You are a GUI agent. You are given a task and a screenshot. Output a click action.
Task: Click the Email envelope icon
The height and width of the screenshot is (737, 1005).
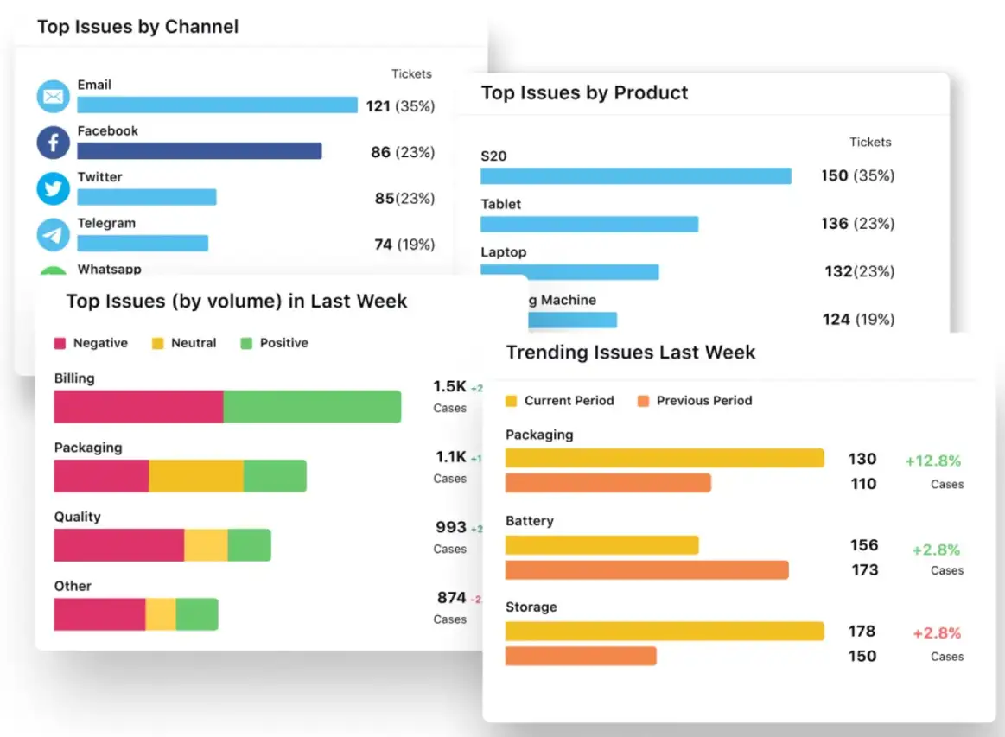pyautogui.click(x=53, y=97)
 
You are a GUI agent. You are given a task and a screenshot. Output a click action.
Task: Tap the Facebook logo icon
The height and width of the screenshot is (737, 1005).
pyautogui.click(x=53, y=143)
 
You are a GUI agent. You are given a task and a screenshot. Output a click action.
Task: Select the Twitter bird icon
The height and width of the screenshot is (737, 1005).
pyautogui.click(x=53, y=188)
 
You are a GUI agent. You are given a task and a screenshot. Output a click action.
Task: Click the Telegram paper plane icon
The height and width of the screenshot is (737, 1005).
pyautogui.click(x=53, y=234)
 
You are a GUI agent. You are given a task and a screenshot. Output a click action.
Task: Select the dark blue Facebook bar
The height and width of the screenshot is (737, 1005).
pyautogui.click(x=199, y=151)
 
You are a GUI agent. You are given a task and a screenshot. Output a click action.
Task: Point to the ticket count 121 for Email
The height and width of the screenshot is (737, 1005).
pyautogui.click(x=378, y=106)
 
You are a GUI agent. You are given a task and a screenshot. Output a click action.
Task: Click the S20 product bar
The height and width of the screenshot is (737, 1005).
pyautogui.click(x=635, y=176)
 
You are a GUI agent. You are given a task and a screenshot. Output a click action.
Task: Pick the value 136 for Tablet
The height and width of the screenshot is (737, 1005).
pyautogui.click(x=835, y=224)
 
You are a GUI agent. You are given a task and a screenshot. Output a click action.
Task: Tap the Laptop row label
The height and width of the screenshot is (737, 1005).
pyautogui.click(x=503, y=252)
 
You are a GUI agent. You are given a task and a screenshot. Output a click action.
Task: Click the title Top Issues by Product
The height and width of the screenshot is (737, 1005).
pyautogui.click(x=584, y=93)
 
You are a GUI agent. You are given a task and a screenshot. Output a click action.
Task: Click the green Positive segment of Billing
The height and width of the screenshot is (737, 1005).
pyautogui.click(x=312, y=407)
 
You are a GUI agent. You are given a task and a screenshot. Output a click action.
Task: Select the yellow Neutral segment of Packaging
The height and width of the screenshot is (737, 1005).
pyautogui.click(x=196, y=476)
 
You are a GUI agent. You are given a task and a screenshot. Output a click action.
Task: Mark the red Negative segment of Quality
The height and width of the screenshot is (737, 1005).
pyautogui.click(x=119, y=545)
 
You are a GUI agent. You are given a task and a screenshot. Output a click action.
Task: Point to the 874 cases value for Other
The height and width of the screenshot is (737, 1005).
pyautogui.click(x=452, y=598)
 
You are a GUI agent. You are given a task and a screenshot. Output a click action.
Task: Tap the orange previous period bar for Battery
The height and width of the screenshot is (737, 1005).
pyautogui.click(x=646, y=570)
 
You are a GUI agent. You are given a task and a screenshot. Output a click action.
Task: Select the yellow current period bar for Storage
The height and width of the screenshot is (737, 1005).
pyautogui.click(x=664, y=632)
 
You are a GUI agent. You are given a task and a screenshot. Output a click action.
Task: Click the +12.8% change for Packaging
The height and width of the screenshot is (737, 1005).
pyautogui.click(x=932, y=461)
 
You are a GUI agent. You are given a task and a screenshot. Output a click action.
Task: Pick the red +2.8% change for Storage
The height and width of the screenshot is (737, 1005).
pyautogui.click(x=937, y=633)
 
